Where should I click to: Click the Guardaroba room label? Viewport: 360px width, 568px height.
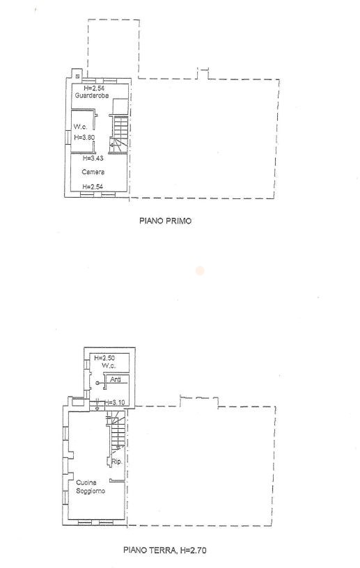pyautogui.click(x=92, y=95)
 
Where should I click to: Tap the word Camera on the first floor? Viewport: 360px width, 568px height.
pyautogui.click(x=93, y=172)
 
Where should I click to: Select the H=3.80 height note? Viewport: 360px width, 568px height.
pyautogui.click(x=84, y=137)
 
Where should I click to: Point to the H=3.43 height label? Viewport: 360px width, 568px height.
pyautogui.click(x=93, y=158)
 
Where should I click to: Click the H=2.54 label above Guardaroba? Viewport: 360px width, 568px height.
pyautogui.click(x=94, y=88)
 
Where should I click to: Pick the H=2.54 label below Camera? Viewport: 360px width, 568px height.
pyautogui.click(x=93, y=187)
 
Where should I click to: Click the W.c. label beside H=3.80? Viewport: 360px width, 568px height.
pyautogui.click(x=81, y=127)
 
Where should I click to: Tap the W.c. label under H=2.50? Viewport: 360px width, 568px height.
pyautogui.click(x=109, y=365)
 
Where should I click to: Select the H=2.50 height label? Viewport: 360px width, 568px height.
pyautogui.click(x=104, y=358)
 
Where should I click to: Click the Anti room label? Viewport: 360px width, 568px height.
pyautogui.click(x=116, y=379)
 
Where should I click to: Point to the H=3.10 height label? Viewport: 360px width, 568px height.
pyautogui.click(x=115, y=402)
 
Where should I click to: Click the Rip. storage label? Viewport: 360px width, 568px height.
pyautogui.click(x=117, y=462)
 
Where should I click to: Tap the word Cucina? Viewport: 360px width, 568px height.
pyautogui.click(x=86, y=482)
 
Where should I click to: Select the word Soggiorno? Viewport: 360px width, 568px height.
pyautogui.click(x=91, y=491)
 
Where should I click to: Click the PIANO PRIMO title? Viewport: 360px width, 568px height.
pyautogui.click(x=165, y=221)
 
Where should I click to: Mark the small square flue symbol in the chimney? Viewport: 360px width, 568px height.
pyautogui.click(x=77, y=76)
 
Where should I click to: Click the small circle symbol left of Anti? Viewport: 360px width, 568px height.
pyautogui.click(x=97, y=383)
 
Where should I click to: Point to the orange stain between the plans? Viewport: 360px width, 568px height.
pyautogui.click(x=199, y=270)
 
